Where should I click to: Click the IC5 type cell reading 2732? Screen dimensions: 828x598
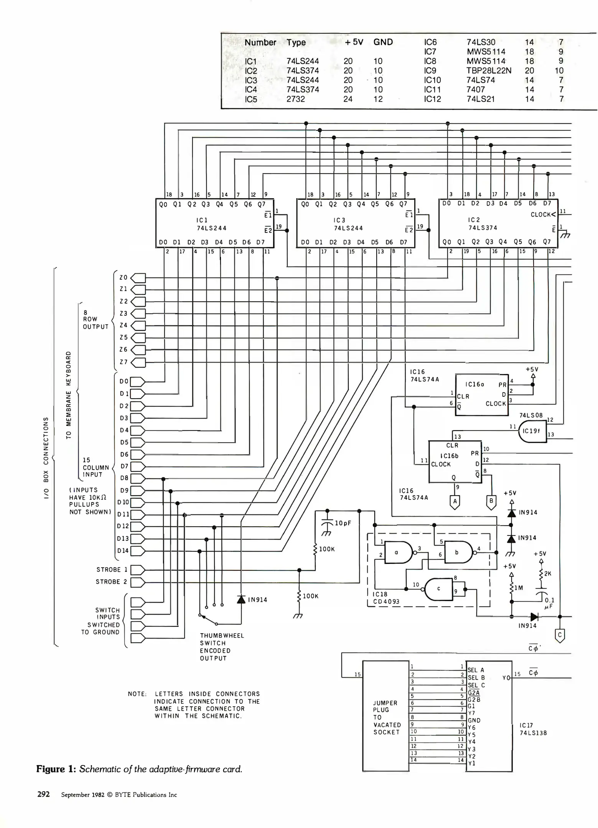pyautogui.click(x=296, y=99)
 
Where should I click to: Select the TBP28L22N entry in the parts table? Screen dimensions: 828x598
pyautogui.click(x=489, y=71)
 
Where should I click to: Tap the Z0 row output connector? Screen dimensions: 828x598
pyautogui.click(x=138, y=278)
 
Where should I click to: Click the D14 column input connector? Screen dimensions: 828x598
pyautogui.click(x=138, y=551)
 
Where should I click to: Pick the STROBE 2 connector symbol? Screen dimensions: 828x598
pyautogui.click(x=138, y=582)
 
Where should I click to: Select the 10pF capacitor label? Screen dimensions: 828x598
pyautogui.click(x=343, y=523)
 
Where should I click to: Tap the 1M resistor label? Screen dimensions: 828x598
pyautogui.click(x=519, y=588)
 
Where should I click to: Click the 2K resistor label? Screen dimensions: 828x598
pyautogui.click(x=547, y=573)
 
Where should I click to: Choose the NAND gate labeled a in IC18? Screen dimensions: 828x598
pyautogui.click(x=398, y=552)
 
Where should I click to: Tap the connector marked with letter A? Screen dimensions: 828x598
pyautogui.click(x=455, y=501)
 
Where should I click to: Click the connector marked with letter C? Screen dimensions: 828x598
pyautogui.click(x=560, y=636)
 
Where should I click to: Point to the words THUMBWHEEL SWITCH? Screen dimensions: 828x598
pyautogui.click(x=222, y=639)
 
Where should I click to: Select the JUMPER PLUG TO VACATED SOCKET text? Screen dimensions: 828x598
pyautogui.click(x=387, y=717)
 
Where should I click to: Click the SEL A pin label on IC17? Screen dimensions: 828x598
pyautogui.click(x=476, y=670)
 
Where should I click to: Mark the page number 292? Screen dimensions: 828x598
pyautogui.click(x=43, y=794)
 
